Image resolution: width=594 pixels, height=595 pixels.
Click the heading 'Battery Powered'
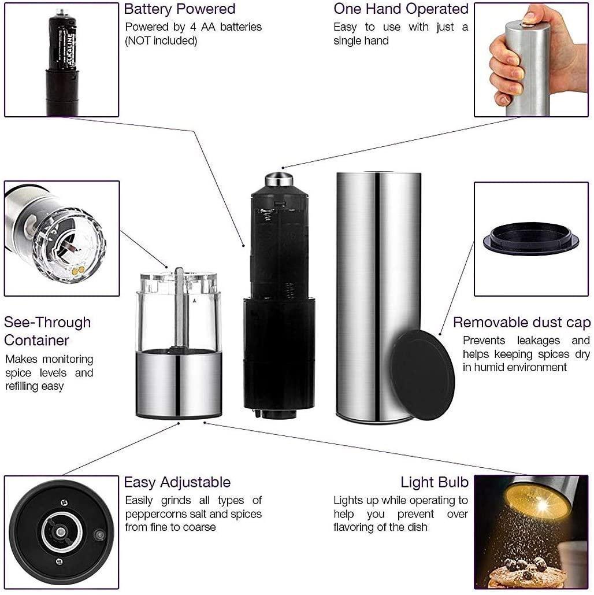pyautogui.click(x=180, y=9)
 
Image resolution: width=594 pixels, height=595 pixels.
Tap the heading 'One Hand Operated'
pyautogui.click(x=401, y=9)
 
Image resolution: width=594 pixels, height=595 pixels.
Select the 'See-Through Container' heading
pyautogui.click(x=47, y=331)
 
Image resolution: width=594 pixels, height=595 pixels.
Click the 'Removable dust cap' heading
pyautogui.click(x=522, y=323)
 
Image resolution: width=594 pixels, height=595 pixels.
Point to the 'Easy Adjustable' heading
pyautogui.click(x=177, y=482)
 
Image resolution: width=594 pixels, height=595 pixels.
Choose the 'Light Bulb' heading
pyautogui.click(x=435, y=482)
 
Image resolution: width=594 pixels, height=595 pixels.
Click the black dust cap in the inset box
pyautogui.click(x=530, y=239)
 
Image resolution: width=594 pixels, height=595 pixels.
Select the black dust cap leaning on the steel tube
pyautogui.click(x=422, y=375)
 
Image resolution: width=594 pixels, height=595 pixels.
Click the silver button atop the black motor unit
pyautogui.click(x=279, y=179)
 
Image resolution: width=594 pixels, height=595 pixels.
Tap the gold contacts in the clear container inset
pyautogui.click(x=79, y=270)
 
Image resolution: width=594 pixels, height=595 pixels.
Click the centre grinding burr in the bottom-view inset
pyautogui.click(x=60, y=532)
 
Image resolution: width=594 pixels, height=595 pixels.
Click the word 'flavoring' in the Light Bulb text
pyautogui.click(x=356, y=527)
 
